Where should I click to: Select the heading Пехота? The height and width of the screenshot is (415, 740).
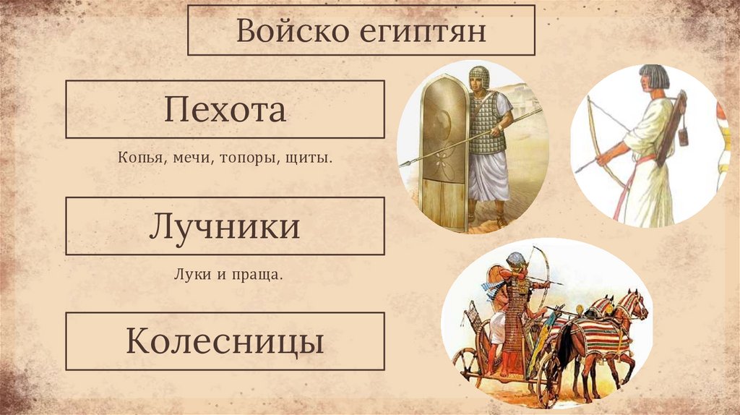(x=225, y=110)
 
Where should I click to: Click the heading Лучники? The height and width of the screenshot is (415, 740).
(x=225, y=226)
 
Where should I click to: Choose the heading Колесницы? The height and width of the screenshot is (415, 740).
(x=225, y=341)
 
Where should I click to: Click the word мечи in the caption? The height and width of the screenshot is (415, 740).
(x=190, y=157)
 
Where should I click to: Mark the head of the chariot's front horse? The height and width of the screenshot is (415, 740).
(x=636, y=304)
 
